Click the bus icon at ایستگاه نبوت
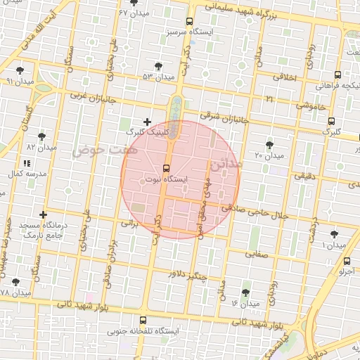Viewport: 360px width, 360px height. [166, 168]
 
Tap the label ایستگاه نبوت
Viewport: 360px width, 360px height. [166, 180]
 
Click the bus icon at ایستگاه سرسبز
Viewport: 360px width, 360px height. [189, 22]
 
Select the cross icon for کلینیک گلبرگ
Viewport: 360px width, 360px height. [146, 122]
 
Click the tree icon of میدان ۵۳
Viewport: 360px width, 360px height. [166, 65]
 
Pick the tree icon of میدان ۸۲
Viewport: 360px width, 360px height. [42, 136]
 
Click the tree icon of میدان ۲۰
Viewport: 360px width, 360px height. [269, 144]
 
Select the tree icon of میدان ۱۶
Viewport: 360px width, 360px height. [246, 292]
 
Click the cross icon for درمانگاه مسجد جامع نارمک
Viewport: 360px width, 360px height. [44, 214]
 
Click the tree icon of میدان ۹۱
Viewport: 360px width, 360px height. [20, 71]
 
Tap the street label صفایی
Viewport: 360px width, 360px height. [257, 256]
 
